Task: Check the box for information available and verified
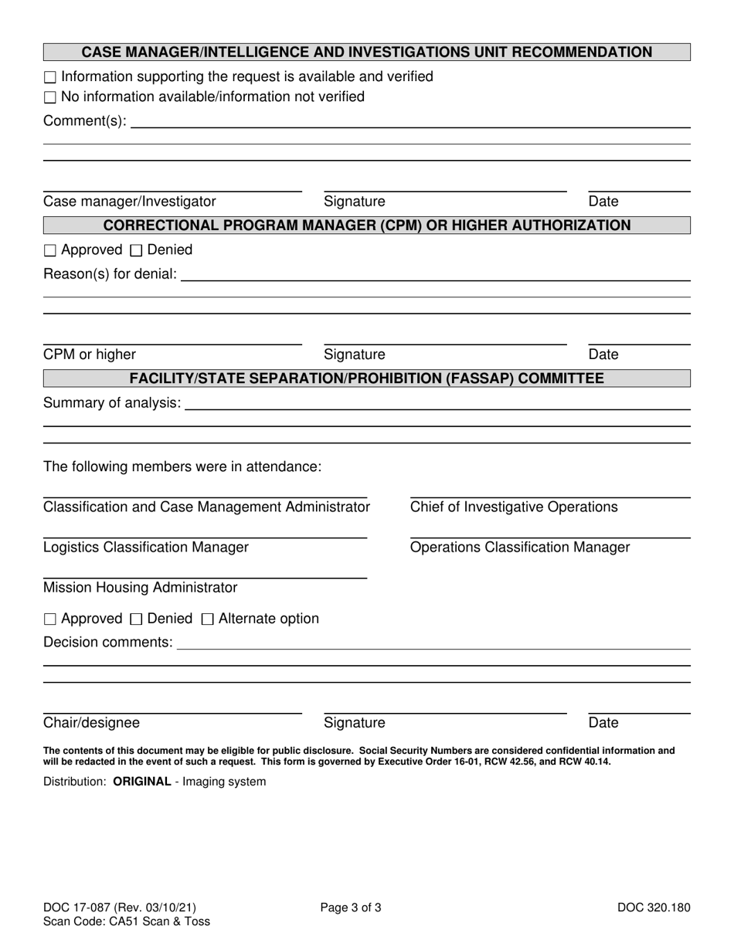coord(50,77)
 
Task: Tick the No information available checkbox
coord(50,97)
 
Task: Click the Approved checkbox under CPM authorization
coord(50,250)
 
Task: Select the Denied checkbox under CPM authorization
coord(137,250)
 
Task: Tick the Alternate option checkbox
coord(208,619)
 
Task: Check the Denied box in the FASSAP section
coord(137,619)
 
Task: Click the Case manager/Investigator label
coord(130,202)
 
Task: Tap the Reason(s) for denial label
coord(110,274)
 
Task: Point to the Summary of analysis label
coord(112,403)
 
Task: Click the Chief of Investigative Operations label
coord(514,507)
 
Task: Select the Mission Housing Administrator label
coord(141,588)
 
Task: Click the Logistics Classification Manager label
coord(146,548)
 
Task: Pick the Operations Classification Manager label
coord(520,548)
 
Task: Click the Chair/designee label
coord(92,723)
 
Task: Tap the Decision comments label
coord(108,643)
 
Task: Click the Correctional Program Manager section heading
coord(366,226)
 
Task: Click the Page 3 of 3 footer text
coord(351,908)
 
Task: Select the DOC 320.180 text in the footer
coord(654,908)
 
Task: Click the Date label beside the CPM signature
coord(603,355)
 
